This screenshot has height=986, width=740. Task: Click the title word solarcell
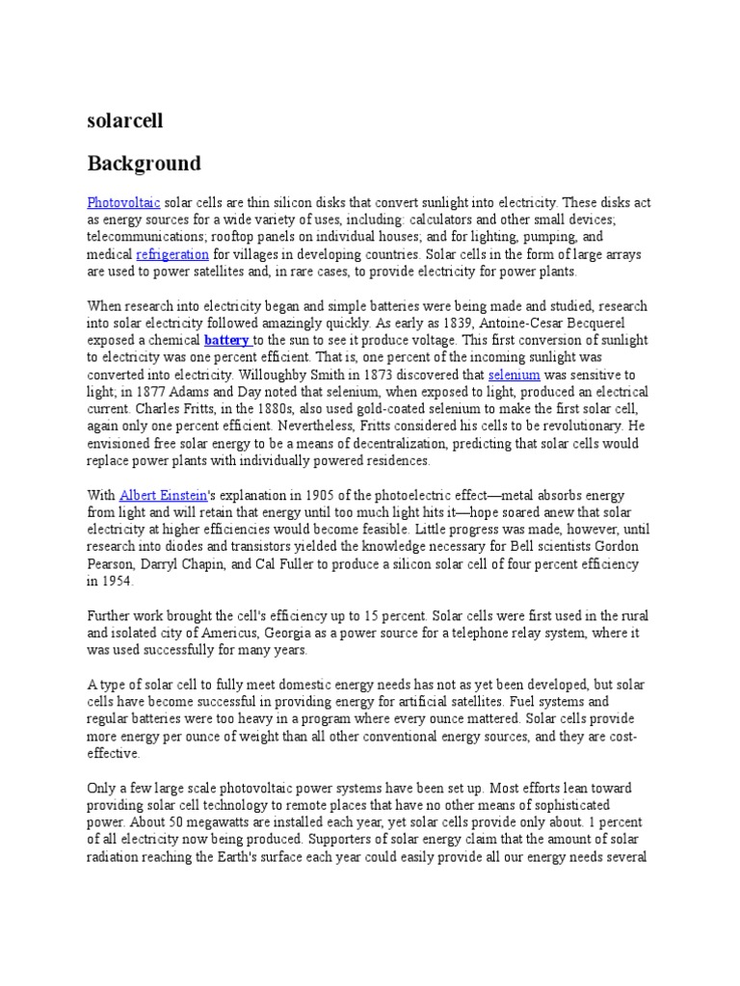pyautogui.click(x=125, y=120)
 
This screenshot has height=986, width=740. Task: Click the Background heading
pyautogui.click(x=144, y=163)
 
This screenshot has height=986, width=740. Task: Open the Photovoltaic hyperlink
pyautogui.click(x=122, y=202)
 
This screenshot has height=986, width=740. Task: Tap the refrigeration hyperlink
pyautogui.click(x=172, y=255)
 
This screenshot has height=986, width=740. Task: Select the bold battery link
pyautogui.click(x=226, y=341)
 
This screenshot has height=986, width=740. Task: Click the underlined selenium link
pyautogui.click(x=514, y=375)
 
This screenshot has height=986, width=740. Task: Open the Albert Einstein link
pyautogui.click(x=163, y=495)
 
